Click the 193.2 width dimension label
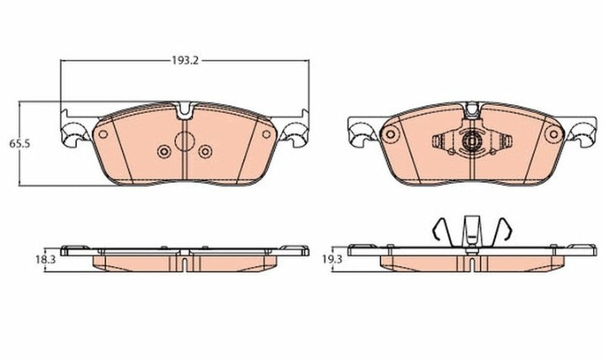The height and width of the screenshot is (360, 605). (x=183, y=61)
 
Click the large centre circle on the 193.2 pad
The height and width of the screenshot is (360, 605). (x=184, y=142)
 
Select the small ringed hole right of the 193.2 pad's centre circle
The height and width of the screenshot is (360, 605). (x=204, y=151)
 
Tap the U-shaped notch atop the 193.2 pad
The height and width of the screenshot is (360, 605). (x=186, y=109)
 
